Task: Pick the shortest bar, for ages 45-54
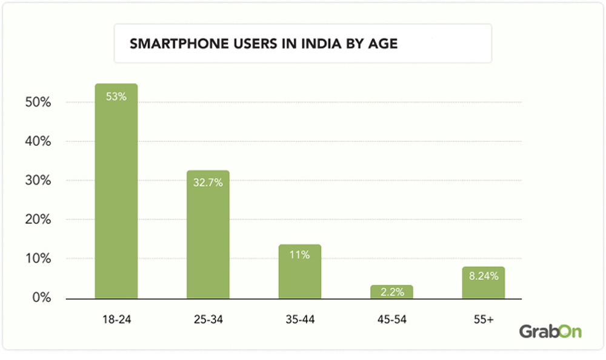click(391, 292)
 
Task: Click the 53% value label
click(116, 96)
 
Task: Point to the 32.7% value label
click(208, 182)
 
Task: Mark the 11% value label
click(299, 255)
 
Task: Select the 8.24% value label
click(483, 276)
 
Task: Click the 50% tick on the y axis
click(37, 102)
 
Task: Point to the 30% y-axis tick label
click(37, 181)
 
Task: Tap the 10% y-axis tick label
click(37, 259)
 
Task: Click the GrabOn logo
click(550, 332)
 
